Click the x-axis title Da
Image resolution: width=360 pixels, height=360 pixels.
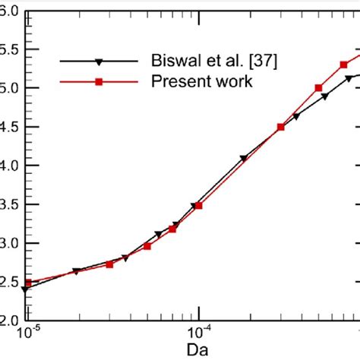pos(198,349)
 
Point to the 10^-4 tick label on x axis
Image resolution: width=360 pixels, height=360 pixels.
pos(198,332)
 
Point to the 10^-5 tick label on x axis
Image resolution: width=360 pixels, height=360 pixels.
pos(28,332)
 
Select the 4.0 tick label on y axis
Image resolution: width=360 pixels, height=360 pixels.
pos(9,166)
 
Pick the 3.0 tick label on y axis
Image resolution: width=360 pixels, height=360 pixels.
pos(9,244)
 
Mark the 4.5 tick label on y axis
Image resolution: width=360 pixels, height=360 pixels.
pos(9,127)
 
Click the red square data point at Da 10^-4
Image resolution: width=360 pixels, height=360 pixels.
pos(198,206)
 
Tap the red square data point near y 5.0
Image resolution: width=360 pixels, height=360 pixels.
pos(318,88)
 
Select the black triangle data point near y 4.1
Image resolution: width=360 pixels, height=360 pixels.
pos(244,159)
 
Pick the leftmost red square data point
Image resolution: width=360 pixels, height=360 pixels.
pos(28,283)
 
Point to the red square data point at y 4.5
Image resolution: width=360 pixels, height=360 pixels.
pos(280,127)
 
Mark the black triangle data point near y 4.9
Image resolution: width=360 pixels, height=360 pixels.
pos(325,96)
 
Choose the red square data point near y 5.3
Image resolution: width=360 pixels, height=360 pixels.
pos(343,65)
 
